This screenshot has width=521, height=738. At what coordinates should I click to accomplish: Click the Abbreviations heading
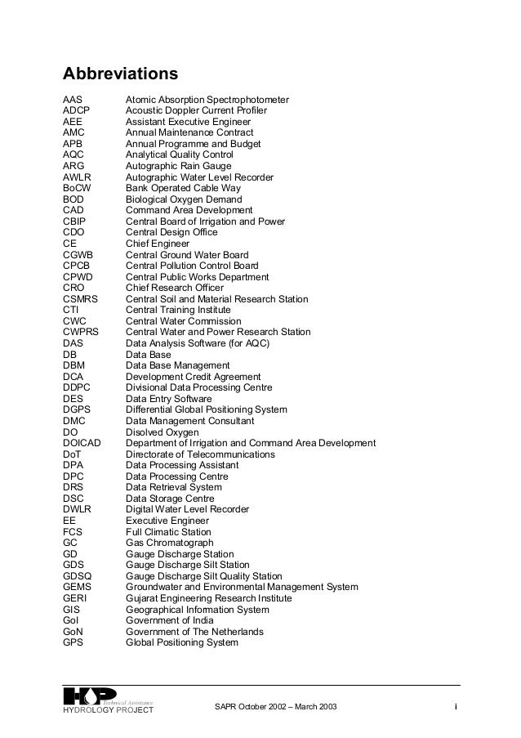click(120, 74)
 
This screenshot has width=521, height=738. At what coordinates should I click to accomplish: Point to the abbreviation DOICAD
click(82, 443)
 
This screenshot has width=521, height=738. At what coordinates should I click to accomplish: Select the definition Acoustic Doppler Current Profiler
click(196, 110)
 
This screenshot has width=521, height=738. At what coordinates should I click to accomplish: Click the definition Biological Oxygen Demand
click(184, 199)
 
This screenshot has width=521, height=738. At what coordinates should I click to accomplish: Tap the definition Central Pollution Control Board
click(192, 266)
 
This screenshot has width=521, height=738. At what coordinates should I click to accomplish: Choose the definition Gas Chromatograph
click(169, 543)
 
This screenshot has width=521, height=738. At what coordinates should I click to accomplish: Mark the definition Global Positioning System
click(182, 642)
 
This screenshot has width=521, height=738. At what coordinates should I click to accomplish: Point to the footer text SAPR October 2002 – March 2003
click(274, 705)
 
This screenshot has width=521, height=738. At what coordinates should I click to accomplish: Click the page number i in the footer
click(455, 705)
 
